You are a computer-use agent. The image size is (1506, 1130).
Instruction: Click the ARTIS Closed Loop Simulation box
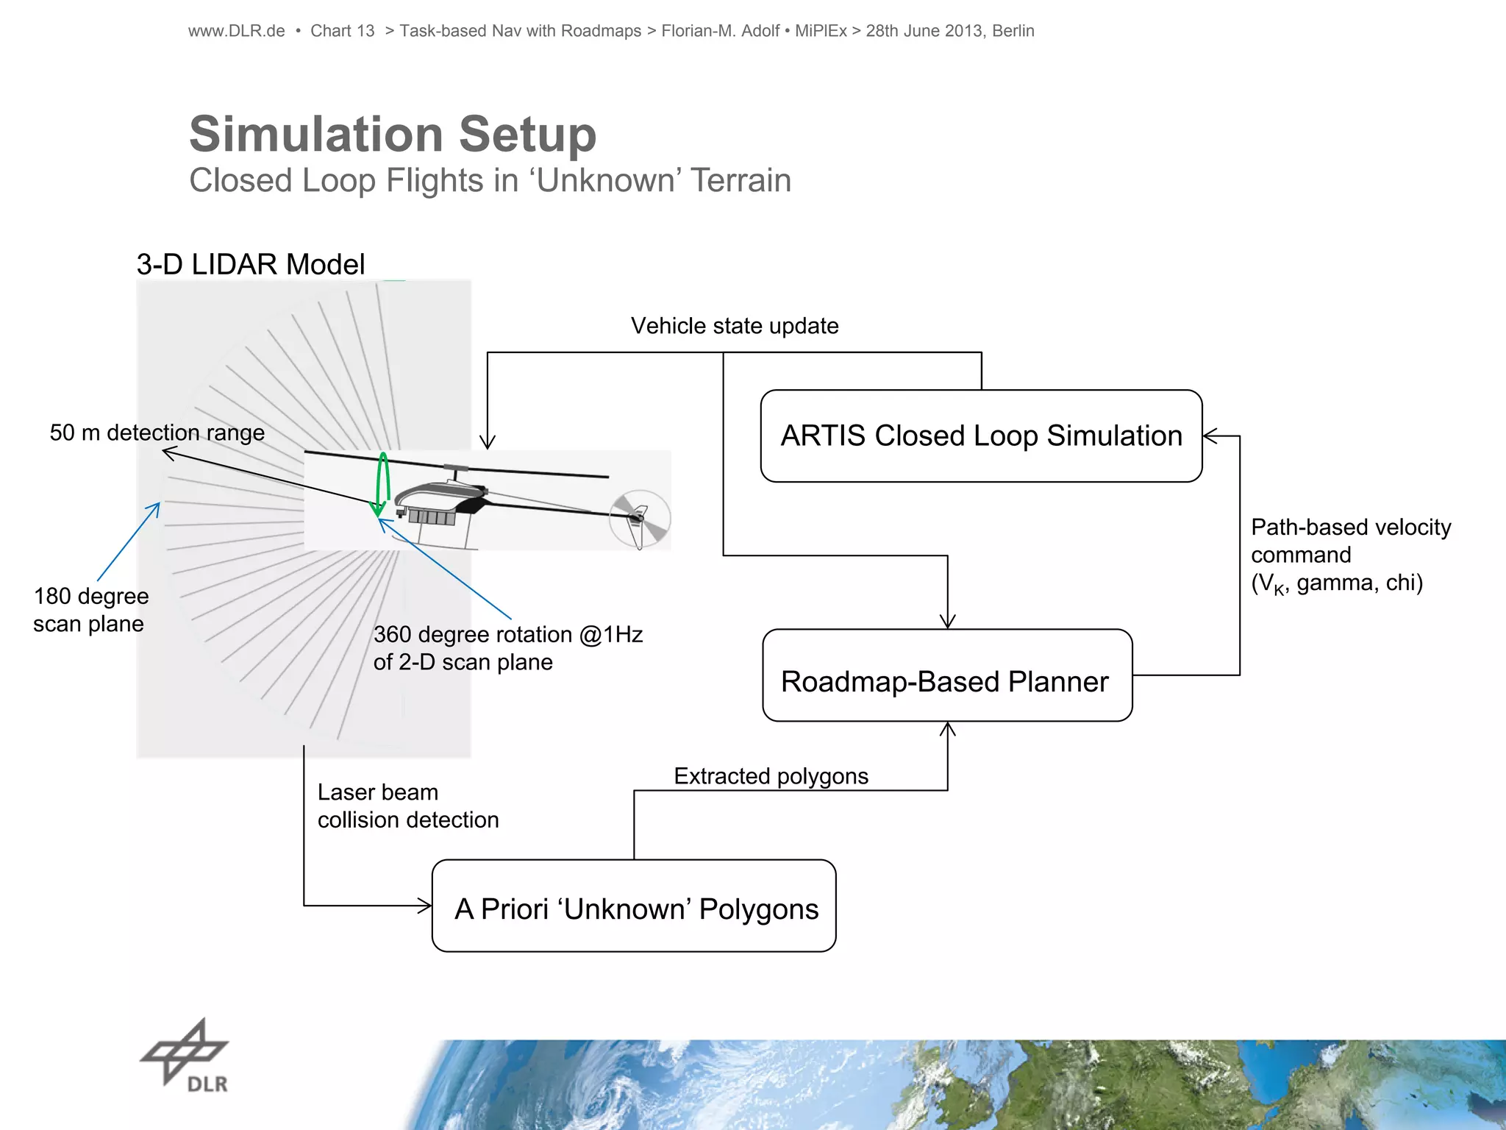coord(981,436)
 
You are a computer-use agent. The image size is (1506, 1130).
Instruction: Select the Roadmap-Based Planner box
coord(947,675)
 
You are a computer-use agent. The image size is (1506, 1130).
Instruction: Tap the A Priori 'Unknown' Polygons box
coord(634,906)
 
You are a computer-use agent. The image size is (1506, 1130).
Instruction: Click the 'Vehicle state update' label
coord(734,326)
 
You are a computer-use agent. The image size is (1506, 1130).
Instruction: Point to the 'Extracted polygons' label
coord(771,776)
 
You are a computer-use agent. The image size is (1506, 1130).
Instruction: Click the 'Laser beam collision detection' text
coord(407,806)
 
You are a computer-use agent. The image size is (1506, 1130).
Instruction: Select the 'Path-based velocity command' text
coord(1350,541)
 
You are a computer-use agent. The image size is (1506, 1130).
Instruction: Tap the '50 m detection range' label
coord(157,433)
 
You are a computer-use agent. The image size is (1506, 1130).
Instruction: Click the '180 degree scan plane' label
coord(90,610)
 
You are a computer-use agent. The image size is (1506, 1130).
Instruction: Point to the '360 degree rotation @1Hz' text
coord(507,635)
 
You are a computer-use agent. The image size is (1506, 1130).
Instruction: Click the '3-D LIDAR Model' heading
coord(250,264)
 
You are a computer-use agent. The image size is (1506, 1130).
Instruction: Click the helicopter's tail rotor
coord(639,519)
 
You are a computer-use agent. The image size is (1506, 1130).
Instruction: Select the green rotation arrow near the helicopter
coord(382,482)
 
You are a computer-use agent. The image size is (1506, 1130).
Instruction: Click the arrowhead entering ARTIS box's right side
coord(1210,436)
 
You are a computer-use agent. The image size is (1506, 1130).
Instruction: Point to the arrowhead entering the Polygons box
coord(425,906)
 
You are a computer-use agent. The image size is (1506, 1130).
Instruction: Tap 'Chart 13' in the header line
coord(342,31)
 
